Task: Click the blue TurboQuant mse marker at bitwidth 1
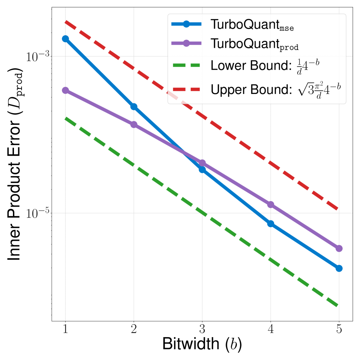pyautogui.click(x=65, y=39)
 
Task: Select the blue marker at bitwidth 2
pyautogui.click(x=134, y=107)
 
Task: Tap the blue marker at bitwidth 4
pyautogui.click(x=271, y=224)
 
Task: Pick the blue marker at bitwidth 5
pyautogui.click(x=339, y=268)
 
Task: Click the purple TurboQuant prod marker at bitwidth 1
pyautogui.click(x=65, y=90)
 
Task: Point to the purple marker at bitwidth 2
pyautogui.click(x=134, y=124)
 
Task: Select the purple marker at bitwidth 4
pyautogui.click(x=271, y=204)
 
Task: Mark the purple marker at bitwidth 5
pyautogui.click(x=339, y=249)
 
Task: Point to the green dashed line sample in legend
pyautogui.click(x=186, y=65)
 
